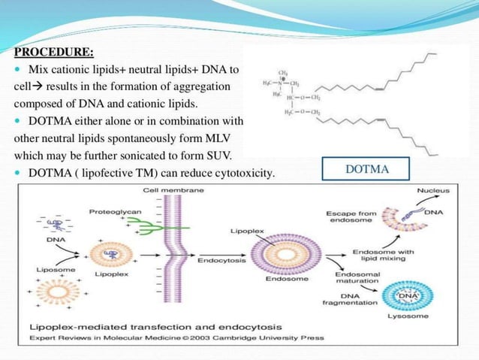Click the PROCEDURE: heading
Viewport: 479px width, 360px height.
54,53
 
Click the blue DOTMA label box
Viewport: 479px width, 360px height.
367,169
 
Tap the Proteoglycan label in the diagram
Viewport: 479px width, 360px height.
115,211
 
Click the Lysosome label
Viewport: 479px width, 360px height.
408,316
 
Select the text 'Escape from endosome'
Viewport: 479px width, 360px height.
348,217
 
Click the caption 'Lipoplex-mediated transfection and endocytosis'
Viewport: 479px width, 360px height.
155,327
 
